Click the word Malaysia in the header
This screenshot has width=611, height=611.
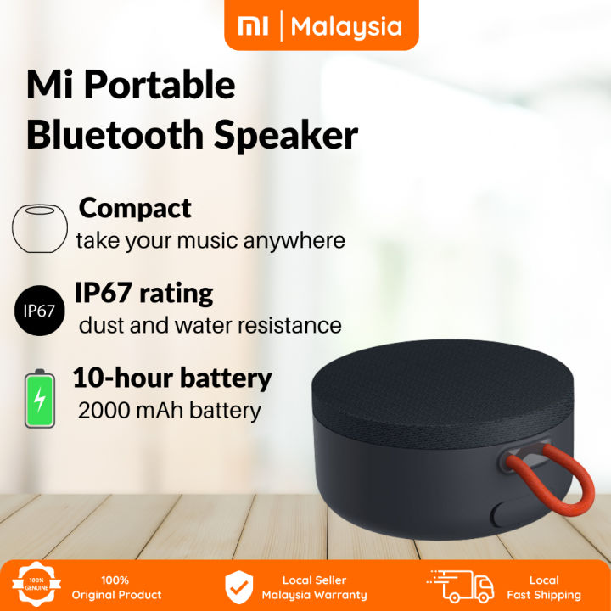[x=346, y=26]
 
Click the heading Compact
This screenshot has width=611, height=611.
[x=135, y=208]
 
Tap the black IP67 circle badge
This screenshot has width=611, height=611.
[x=39, y=311]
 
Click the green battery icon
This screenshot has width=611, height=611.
[x=39, y=399]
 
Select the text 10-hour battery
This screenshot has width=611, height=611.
[x=171, y=378]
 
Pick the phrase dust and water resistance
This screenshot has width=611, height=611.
[x=210, y=325]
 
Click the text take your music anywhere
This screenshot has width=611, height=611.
[x=210, y=240]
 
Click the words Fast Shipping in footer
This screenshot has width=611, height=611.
[x=543, y=595]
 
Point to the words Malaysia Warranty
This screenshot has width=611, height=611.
[x=314, y=595]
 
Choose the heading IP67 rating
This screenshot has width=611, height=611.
[x=143, y=294]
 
